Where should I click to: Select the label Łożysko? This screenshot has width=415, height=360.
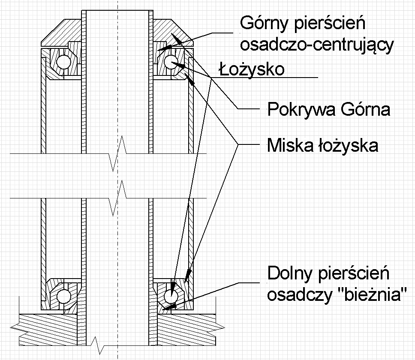click(x=252, y=69)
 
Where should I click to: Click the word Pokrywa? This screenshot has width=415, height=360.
click(x=301, y=109)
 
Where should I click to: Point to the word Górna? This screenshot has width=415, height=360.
click(x=366, y=109)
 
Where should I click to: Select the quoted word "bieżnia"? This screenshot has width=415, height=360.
click(x=373, y=294)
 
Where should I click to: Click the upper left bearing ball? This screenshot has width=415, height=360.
click(x=64, y=62)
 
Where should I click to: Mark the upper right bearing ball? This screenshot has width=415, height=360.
click(x=171, y=62)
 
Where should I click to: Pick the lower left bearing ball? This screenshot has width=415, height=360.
click(x=64, y=296)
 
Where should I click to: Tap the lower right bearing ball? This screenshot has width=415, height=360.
click(x=171, y=296)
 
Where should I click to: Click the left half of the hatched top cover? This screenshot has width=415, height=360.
click(x=61, y=33)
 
